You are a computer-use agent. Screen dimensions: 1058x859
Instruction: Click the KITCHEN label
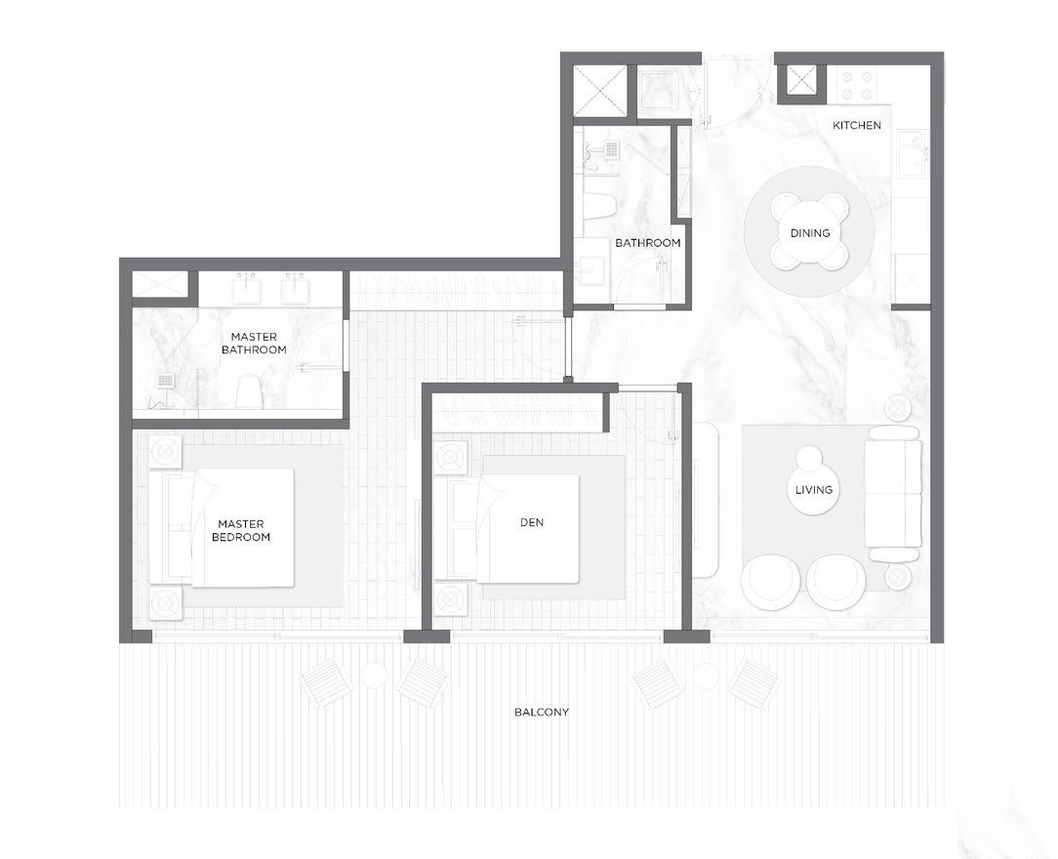856,125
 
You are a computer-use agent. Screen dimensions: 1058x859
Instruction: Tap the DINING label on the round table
810,232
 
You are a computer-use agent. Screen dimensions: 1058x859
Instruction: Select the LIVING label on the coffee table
814,490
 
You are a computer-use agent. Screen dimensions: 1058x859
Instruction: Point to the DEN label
532,522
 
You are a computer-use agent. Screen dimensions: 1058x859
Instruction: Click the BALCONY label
541,712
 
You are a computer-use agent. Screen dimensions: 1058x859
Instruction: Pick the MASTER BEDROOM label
241,530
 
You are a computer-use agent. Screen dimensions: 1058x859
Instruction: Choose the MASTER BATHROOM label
254,343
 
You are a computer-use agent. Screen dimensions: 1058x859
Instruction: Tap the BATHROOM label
648,243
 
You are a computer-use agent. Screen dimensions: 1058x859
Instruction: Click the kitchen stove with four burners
858,85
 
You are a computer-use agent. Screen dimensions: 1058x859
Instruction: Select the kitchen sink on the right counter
913,155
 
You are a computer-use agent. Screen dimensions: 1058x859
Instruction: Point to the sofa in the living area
893,493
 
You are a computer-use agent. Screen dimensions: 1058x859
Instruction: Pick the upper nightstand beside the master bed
165,453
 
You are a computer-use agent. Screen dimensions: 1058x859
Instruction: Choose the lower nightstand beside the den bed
450,598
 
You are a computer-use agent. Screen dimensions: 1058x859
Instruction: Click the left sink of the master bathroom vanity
249,290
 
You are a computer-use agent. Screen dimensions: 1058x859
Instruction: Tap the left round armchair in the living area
770,582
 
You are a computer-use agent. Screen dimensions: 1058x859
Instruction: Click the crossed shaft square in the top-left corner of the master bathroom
159,283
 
